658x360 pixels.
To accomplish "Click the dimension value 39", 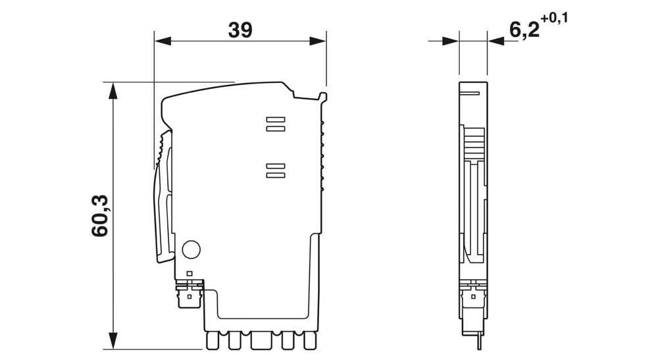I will pyautogui.click(x=240, y=29).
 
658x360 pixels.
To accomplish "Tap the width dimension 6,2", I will pyautogui.click(x=524, y=30).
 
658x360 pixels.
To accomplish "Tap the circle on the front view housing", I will pyautogui.click(x=190, y=249).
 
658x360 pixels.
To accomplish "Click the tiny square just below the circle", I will pyautogui.click(x=190, y=273).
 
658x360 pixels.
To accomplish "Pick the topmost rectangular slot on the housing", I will pyautogui.click(x=275, y=120).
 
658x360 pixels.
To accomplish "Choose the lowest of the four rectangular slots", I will pyautogui.click(x=275, y=176).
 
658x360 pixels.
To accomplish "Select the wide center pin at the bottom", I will pyautogui.click(x=259, y=341).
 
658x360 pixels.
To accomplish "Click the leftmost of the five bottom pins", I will pyautogui.click(x=212, y=341).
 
